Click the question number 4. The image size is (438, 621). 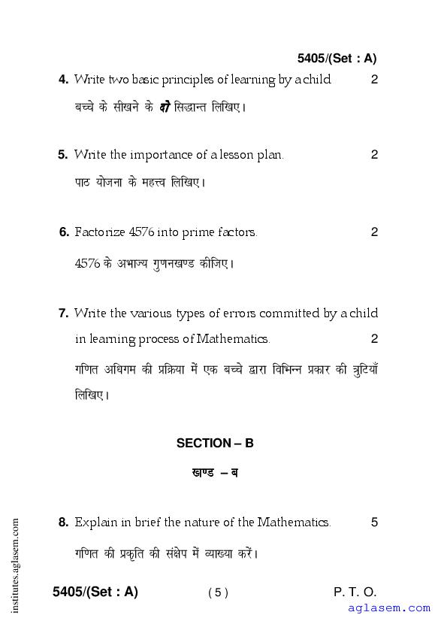63,80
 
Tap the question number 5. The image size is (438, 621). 63,155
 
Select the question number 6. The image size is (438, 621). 64,232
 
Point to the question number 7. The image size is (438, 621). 63,314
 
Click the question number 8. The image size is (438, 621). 63,522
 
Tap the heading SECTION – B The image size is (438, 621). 215,443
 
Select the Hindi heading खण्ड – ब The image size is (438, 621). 215,473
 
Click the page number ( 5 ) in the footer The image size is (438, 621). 218,592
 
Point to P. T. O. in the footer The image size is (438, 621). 355,592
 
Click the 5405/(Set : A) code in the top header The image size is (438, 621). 337,58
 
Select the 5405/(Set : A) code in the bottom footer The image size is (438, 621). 95,592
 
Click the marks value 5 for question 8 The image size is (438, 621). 374,522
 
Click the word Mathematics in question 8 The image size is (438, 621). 293,522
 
